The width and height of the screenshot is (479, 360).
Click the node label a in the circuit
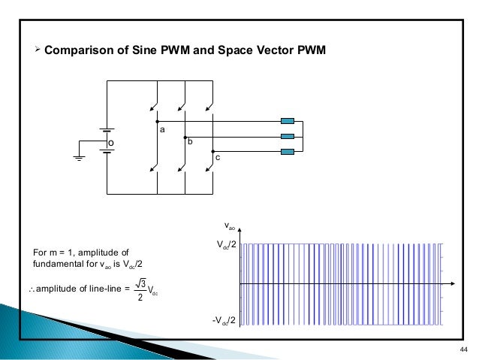coord(161,130)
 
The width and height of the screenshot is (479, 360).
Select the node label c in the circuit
coord(217,158)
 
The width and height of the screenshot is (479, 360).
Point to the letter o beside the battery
coord(110,141)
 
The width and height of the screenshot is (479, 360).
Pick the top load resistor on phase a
coord(287,120)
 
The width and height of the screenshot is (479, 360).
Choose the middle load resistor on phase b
coord(287,136)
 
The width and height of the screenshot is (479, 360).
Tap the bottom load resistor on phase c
coord(287,152)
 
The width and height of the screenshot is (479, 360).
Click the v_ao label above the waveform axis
coord(230,225)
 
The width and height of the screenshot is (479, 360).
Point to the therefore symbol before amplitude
coord(31,290)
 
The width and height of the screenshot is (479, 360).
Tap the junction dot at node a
coord(156,120)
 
